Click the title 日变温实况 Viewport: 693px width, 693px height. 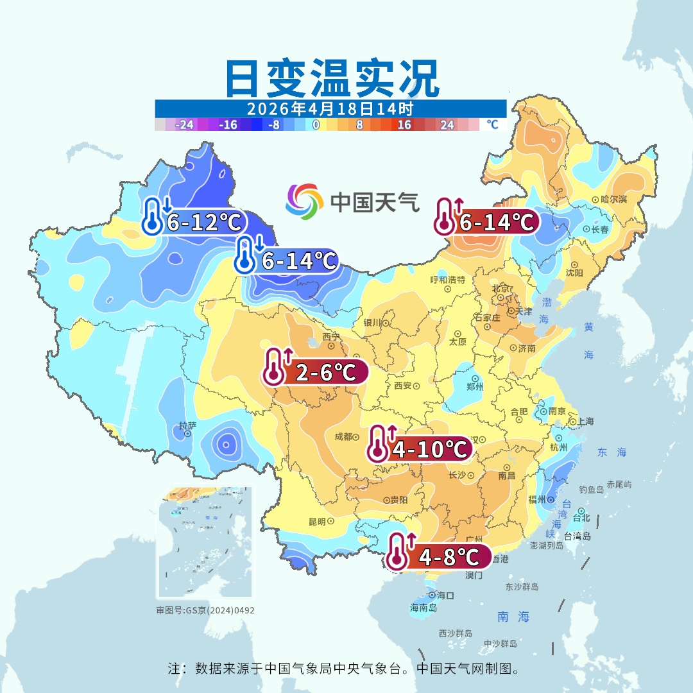[x=332, y=78]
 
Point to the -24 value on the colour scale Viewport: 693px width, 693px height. [x=184, y=125]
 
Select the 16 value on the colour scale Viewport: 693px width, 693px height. [x=404, y=125]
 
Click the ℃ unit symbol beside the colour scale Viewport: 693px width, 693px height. [x=492, y=124]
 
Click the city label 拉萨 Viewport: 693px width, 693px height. [x=187, y=425]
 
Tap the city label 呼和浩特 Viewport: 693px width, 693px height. [x=447, y=280]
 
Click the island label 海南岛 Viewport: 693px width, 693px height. [x=423, y=607]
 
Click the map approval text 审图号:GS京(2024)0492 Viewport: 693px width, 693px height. [x=205, y=610]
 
